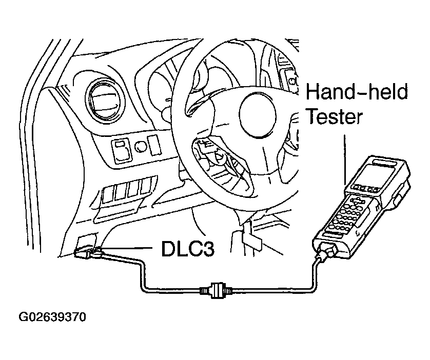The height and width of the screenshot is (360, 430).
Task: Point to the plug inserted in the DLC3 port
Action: (x=90, y=252)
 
